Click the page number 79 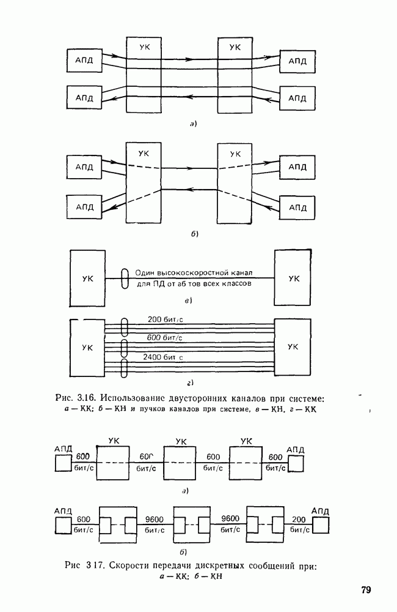coord(366,590)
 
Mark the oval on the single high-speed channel coord(124,278)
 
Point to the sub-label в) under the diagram coord(188,300)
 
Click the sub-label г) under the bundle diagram coord(191,383)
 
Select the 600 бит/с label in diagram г coord(164,338)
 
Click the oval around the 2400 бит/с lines coord(124,368)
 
